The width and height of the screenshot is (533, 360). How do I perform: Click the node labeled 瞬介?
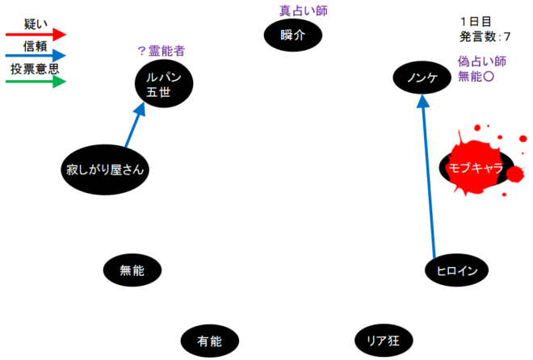tap(293, 35)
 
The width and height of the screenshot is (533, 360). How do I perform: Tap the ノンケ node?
tap(422, 77)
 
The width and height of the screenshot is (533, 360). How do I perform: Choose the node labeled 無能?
tap(132, 270)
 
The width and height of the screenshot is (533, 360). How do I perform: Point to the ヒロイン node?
tap(456, 270)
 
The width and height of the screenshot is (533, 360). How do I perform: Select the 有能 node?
tap(209, 341)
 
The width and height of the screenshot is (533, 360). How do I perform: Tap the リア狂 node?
tap(383, 341)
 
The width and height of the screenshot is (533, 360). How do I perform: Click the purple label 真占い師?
tap(304, 10)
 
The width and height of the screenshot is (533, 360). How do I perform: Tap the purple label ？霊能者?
tap(161, 51)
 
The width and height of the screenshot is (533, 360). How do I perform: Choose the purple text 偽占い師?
tap(481, 61)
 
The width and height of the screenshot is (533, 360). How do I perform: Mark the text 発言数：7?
tap(485, 36)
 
